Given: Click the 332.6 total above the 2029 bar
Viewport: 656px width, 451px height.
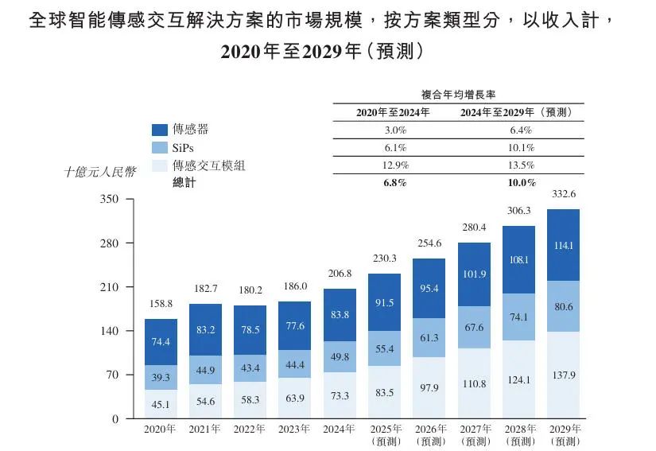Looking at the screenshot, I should point(563,194).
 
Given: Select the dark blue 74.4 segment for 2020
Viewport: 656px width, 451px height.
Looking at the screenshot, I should point(161,342).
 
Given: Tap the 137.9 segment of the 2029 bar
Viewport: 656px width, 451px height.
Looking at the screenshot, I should point(563,375).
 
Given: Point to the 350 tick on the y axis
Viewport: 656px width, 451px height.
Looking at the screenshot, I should point(108,200).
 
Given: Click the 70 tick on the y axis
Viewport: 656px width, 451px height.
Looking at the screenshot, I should point(111,375).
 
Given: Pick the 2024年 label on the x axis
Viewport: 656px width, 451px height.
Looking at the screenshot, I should point(340,430).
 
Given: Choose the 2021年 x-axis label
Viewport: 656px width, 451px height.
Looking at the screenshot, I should point(205,430).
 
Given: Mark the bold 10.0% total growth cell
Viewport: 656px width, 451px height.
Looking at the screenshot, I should point(521,183).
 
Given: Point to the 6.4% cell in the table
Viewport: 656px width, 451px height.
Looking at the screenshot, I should point(521,130).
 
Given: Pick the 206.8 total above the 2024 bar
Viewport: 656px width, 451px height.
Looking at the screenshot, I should point(340,274).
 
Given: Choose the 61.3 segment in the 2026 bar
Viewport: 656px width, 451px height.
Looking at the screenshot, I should point(429,338).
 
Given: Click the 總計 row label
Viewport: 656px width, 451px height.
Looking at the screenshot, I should point(184,183).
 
